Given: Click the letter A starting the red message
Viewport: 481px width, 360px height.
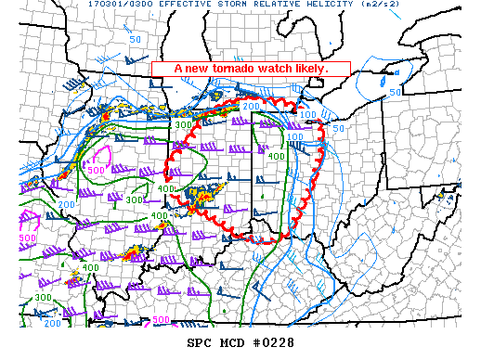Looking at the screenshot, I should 179,69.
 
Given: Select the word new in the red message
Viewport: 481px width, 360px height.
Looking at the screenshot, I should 199,69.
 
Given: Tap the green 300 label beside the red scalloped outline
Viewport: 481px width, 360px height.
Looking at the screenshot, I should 184,124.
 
